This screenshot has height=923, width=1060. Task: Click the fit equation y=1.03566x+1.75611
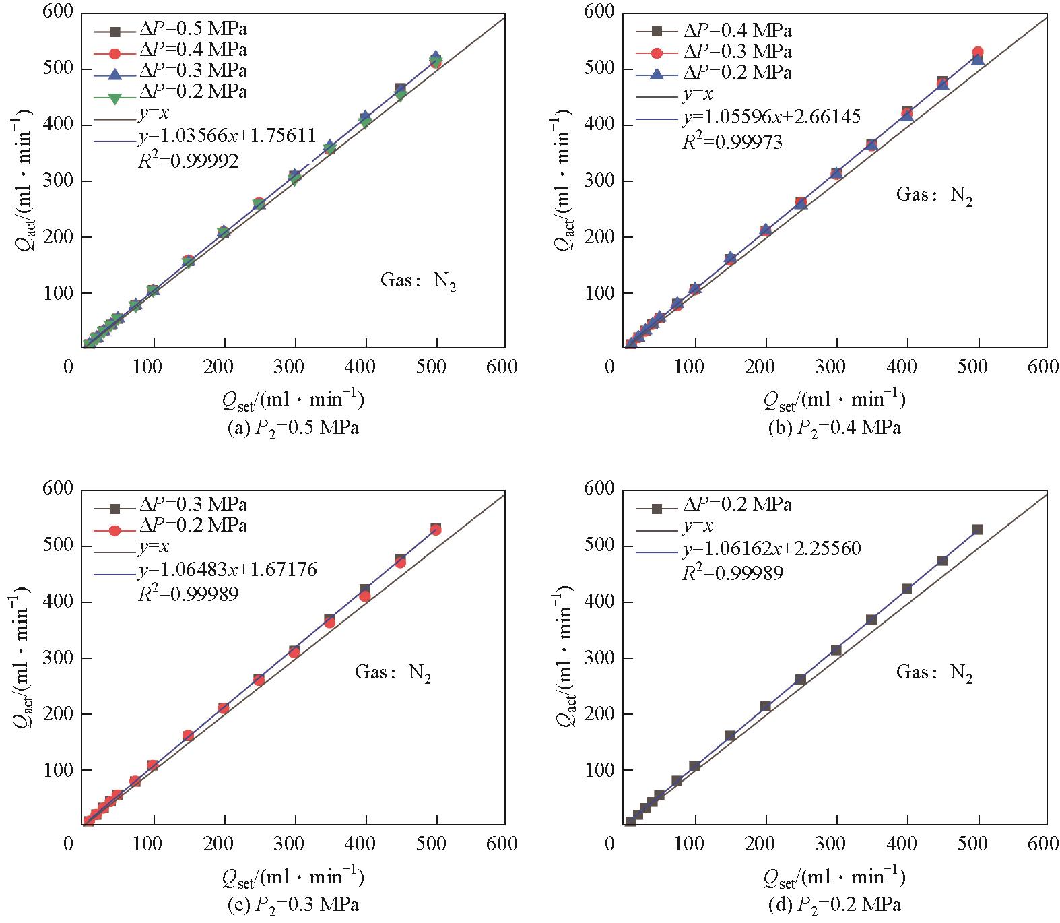(227, 137)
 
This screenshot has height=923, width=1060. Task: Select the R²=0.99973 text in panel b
(732, 141)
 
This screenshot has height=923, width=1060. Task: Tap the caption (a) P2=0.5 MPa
(293, 428)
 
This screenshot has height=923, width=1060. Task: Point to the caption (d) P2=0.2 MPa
(834, 903)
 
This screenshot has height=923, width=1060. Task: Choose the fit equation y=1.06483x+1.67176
(227, 570)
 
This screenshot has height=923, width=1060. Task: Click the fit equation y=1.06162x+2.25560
(771, 548)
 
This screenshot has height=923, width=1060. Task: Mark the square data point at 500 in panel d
(978, 530)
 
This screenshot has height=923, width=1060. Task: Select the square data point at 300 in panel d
(836, 649)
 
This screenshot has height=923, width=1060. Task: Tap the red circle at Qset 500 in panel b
(978, 53)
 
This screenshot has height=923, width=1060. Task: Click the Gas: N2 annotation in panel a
(418, 280)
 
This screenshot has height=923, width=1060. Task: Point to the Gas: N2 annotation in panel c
(393, 672)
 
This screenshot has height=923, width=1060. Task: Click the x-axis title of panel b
(834, 400)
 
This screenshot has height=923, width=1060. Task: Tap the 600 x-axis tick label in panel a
(503, 367)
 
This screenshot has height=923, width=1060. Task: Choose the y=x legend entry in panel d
(697, 526)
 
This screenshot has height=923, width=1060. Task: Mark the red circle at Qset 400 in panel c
(365, 596)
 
